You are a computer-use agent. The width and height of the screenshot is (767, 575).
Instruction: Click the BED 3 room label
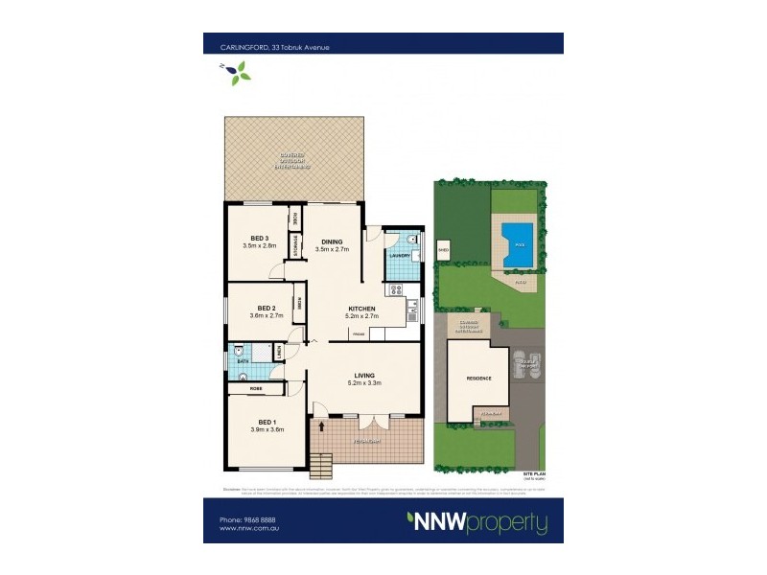pos(258,238)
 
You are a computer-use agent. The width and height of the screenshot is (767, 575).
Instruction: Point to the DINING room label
pos(332,241)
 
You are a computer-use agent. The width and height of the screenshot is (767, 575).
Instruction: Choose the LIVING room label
pos(363,375)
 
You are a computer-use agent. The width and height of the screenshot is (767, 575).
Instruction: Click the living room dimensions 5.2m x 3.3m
pos(364,383)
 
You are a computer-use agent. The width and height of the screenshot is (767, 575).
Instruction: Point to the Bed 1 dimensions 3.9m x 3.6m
pos(267,430)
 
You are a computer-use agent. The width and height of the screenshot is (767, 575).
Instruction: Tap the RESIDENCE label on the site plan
pos(479,379)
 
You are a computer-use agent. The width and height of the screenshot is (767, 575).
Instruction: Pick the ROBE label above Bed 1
pos(256,389)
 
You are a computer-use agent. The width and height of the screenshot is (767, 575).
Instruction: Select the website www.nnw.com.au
pos(242,527)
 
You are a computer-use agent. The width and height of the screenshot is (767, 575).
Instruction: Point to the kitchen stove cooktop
pos(393,289)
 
